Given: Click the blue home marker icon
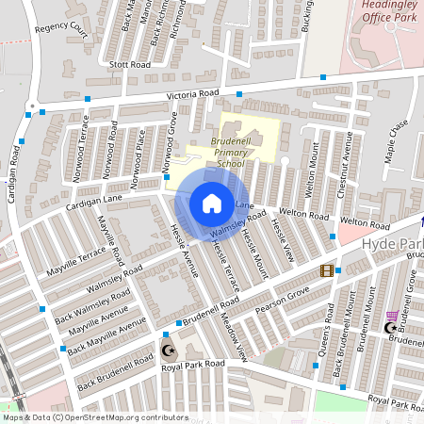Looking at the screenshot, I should coord(212,203).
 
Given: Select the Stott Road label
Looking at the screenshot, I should coord(130,65).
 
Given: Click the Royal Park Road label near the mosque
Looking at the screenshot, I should coord(192,364).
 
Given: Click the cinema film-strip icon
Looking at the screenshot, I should coord(326,270).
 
